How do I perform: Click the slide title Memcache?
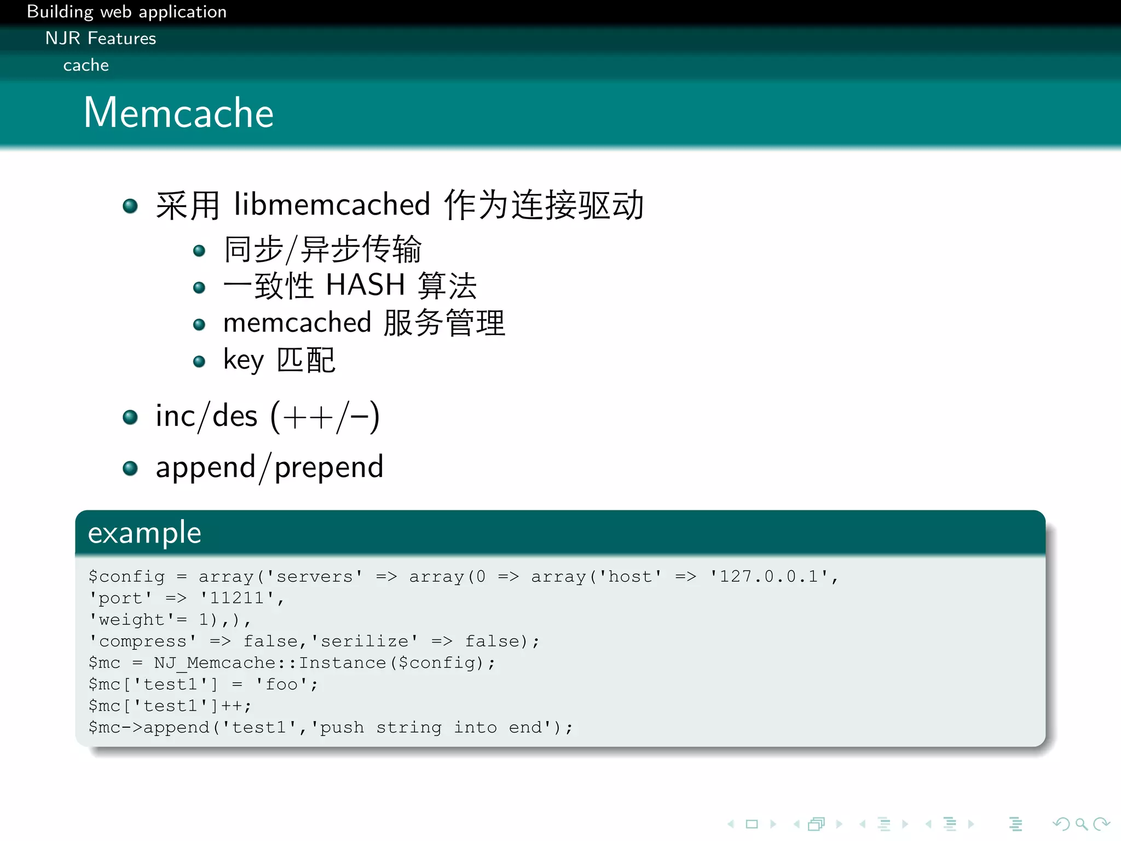178,113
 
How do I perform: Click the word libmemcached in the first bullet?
332,205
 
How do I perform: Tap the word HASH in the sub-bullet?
365,285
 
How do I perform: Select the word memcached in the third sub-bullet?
297,322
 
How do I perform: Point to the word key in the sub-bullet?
244,360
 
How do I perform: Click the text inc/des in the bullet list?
206,416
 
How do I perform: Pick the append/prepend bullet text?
269,468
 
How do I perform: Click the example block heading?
145,533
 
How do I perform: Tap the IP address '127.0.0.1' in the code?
768,577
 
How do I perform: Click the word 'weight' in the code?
132,620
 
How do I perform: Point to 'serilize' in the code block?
365,641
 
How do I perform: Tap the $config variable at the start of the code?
126,577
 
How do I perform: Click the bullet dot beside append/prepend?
130,469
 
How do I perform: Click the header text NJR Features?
101,38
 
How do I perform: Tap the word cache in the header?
86,65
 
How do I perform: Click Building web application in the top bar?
126,11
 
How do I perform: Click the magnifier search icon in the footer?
1081,824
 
